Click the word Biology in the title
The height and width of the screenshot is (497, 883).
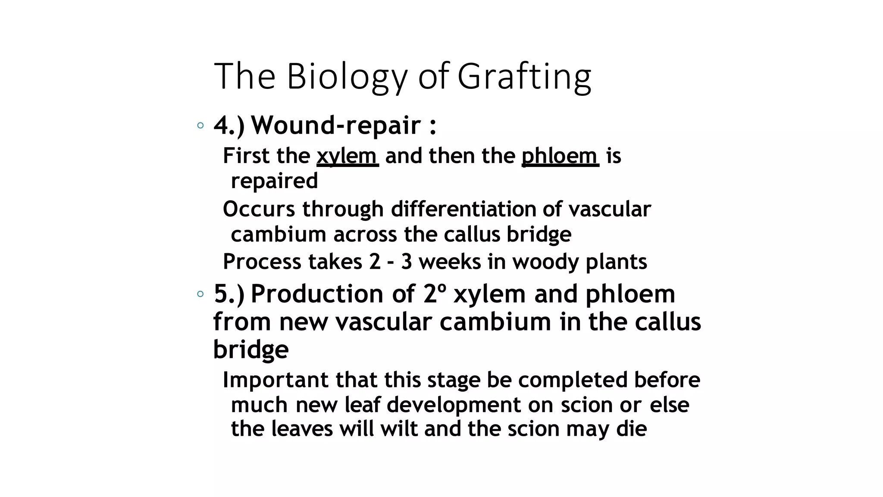347,77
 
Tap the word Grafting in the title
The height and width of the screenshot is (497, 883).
524,77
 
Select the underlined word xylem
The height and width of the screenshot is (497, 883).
347,156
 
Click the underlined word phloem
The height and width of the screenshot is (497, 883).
560,156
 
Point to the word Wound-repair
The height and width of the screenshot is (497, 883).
336,126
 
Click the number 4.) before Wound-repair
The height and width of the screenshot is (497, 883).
229,126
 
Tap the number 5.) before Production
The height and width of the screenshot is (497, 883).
229,294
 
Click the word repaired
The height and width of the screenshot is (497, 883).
274,180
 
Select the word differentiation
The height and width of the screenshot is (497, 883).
463,209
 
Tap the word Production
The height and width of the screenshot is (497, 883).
317,294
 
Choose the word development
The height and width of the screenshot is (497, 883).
454,405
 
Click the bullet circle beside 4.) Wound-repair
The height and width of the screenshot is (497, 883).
200,126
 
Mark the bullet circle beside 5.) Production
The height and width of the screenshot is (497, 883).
200,294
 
